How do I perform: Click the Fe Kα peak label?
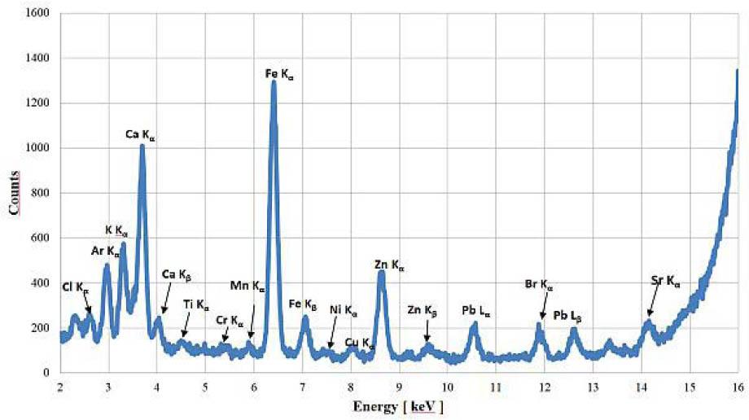pos(279,74)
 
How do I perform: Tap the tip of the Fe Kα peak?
pos(274,81)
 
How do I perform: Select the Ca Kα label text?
pos(140,136)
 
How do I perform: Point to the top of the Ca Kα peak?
pos(142,147)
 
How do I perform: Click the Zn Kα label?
pos(389,265)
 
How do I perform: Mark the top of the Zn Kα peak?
pos(381,273)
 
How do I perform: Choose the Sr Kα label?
pos(665,282)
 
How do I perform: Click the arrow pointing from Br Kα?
pos(543,307)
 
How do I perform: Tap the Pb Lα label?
pos(475,310)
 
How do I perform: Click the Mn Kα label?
pos(247,287)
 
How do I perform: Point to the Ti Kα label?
pos(196,304)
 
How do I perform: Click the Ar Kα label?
pos(106,252)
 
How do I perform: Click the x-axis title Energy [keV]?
pos(399,405)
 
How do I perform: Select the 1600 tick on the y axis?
pos(38,14)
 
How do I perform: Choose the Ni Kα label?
pos(344,310)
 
